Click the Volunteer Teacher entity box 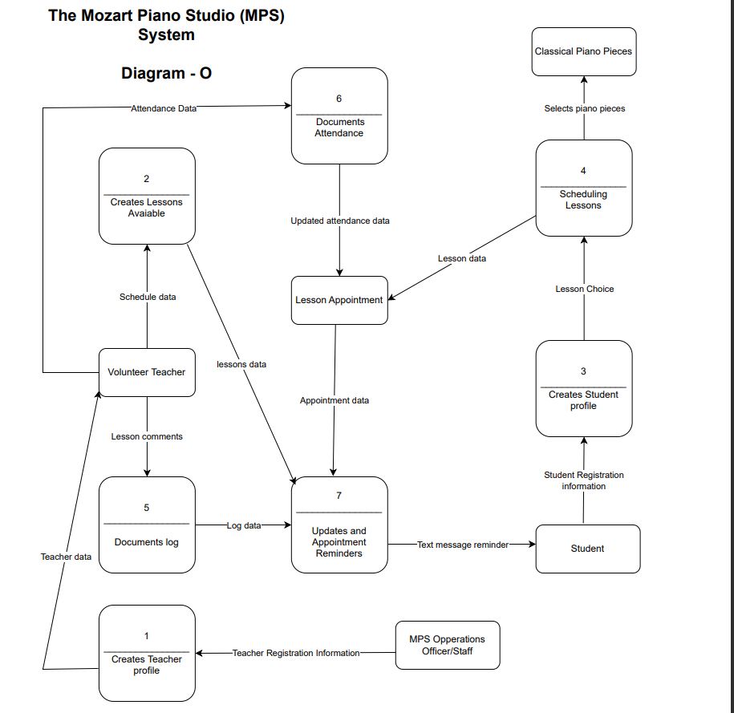(x=147, y=372)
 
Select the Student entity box (x=587, y=549)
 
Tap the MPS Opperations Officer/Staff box (x=447, y=645)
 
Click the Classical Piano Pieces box (x=583, y=51)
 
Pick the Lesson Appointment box (x=339, y=301)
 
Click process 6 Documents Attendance (x=339, y=115)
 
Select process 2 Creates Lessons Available (x=147, y=196)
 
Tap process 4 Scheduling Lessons (x=583, y=188)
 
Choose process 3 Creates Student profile (x=583, y=388)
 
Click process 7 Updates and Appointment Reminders (x=339, y=525)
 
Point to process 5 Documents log (x=147, y=525)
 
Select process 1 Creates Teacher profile (x=147, y=653)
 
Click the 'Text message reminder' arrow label (x=462, y=545)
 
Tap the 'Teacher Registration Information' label (x=296, y=653)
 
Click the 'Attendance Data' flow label (x=164, y=107)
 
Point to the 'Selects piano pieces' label (x=583, y=108)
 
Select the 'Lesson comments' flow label (x=147, y=436)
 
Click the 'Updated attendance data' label (x=339, y=221)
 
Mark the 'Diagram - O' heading (x=166, y=74)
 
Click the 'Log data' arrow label (x=243, y=525)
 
